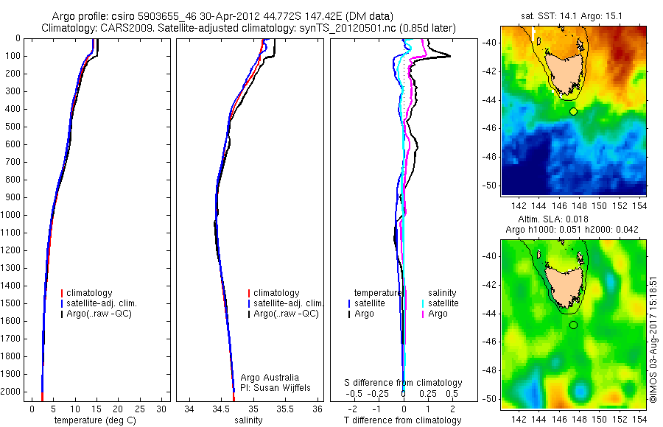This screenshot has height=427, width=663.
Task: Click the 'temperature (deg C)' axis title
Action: tap(95, 420)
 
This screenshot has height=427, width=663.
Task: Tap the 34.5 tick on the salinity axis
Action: tap(221, 408)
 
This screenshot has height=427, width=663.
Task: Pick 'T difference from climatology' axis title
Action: tap(404, 420)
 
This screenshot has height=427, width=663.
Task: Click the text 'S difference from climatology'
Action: tap(404, 383)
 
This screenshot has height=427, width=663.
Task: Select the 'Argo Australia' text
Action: tap(270, 378)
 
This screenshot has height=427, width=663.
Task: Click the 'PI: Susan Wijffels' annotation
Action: tap(276, 388)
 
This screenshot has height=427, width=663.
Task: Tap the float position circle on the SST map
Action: tap(573, 111)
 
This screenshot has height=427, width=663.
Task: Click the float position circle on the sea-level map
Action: tap(573, 325)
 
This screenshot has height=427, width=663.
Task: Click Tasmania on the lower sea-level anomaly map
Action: tap(567, 283)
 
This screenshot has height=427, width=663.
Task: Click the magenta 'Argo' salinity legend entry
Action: tap(438, 314)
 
